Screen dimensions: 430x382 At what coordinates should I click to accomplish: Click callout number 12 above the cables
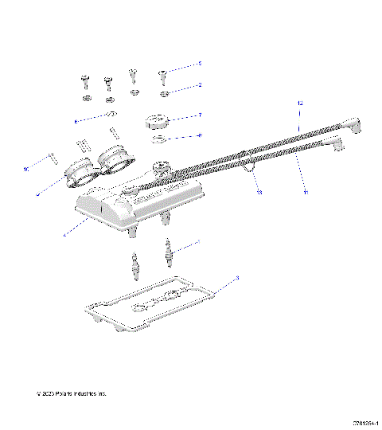(301, 104)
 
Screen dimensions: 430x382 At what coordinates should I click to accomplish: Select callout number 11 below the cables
(304, 192)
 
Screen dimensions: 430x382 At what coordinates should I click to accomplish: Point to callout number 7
(200, 115)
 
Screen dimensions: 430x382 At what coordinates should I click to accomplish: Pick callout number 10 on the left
(25, 169)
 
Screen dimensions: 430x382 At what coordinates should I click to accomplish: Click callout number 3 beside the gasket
(237, 278)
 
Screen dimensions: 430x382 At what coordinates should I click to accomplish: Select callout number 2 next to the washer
(200, 84)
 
